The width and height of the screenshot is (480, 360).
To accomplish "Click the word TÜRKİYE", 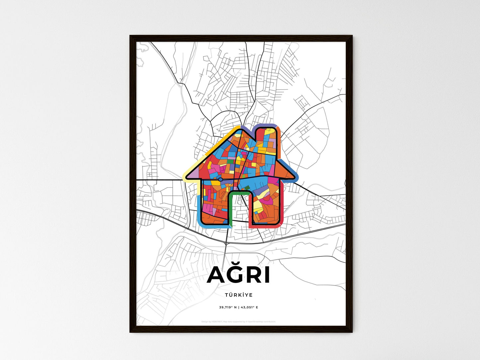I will tap(239, 295).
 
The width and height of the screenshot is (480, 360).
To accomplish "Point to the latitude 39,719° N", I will tap(228, 307).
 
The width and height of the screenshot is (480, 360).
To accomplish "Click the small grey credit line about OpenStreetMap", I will tap(239, 321).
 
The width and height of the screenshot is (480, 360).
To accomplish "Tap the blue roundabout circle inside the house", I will tap(220, 179).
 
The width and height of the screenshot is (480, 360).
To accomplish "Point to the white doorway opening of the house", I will tap(239, 209).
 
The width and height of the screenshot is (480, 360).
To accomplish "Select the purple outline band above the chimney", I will tap(266, 126).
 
